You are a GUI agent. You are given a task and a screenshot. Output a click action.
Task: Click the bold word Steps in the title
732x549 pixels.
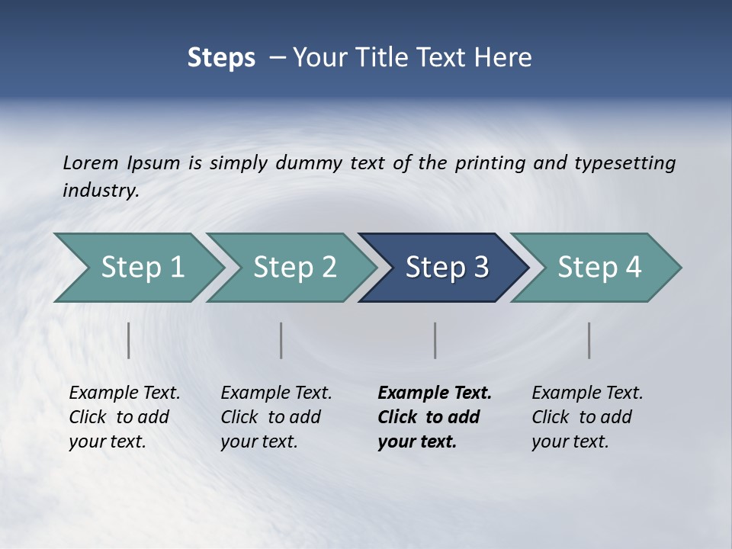[x=221, y=57]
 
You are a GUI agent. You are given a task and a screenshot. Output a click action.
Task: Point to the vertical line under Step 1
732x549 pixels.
[x=129, y=340]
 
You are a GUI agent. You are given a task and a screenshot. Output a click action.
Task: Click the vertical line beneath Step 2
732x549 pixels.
[x=281, y=340]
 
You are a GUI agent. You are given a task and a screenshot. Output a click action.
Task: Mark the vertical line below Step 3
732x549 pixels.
[x=435, y=340]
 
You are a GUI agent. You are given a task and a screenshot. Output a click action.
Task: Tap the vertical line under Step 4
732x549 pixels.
[x=589, y=340]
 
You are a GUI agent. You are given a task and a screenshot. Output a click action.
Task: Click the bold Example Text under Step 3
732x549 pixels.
[x=435, y=393]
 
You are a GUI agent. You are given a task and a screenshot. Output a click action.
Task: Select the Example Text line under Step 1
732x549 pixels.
[x=124, y=393]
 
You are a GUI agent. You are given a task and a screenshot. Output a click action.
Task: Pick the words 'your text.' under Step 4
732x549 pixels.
[x=570, y=441]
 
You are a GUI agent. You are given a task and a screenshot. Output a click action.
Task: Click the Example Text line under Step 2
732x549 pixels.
[x=276, y=393]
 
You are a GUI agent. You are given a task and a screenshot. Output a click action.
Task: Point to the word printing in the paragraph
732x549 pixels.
[x=491, y=162]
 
